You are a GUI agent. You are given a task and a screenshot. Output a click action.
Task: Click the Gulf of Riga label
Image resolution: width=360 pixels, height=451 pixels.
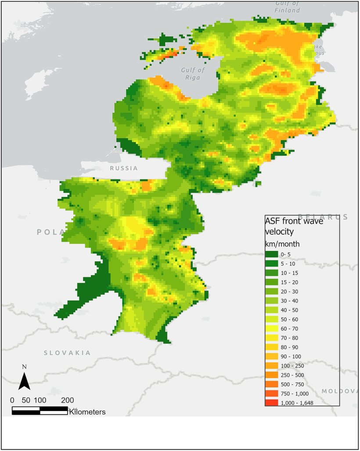tap(193, 74)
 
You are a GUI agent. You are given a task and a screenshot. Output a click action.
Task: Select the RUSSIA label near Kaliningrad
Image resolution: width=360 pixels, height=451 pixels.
tap(124, 168)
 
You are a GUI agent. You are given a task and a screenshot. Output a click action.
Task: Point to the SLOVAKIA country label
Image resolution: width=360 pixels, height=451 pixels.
tap(67, 353)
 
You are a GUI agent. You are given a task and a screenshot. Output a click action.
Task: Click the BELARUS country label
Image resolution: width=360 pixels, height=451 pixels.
tap(323, 217)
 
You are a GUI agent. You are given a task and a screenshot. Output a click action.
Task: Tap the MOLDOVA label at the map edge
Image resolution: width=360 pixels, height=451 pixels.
tap(340, 391)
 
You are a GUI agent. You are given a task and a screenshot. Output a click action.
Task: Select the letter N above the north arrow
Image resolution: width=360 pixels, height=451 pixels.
tap(25, 367)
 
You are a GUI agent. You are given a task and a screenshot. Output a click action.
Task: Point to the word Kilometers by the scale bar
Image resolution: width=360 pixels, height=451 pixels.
tap(87, 412)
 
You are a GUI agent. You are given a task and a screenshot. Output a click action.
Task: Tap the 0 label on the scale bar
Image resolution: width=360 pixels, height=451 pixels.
tap(12, 400)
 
